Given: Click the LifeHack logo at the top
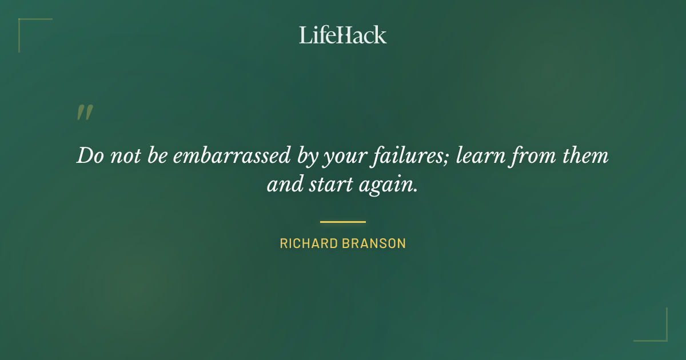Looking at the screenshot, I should click(x=343, y=35).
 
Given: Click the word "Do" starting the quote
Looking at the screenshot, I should click(x=89, y=156).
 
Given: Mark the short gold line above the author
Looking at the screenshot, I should click(x=343, y=222).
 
